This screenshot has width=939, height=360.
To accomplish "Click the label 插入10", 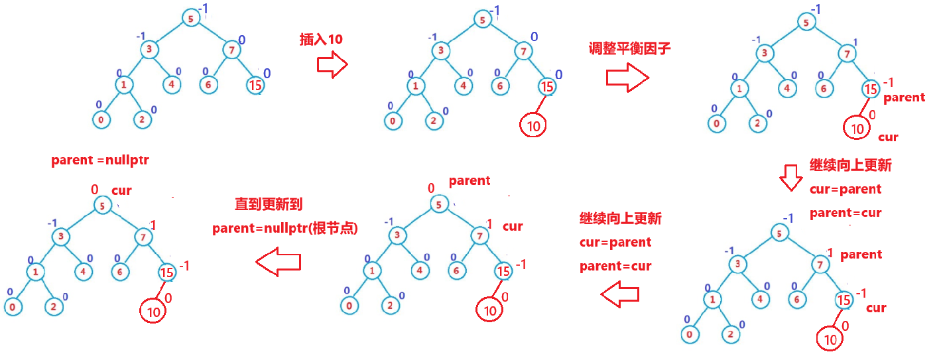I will coord(321,40).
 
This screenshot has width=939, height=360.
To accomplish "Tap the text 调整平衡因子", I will coord(625,48).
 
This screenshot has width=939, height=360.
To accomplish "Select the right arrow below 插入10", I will coord(332,64).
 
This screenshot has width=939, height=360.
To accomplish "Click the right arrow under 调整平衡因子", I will coord(627,78).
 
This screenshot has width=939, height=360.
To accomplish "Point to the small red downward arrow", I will coord(790,178).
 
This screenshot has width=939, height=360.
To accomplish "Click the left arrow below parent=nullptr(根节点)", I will coord(279,263).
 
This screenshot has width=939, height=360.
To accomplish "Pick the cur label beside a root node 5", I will coord(121,191).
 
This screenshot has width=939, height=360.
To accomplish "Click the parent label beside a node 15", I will coord(904,97).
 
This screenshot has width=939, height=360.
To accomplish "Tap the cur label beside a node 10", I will coord(887,137).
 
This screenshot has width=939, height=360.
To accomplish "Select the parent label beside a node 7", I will coord(861,255).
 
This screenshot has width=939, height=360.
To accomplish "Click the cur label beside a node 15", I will coord(876,308).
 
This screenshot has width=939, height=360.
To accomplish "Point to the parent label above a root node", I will coord(469,180).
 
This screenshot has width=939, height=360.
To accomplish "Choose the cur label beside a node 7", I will coord(513,227).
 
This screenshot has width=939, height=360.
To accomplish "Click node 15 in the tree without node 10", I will coord(255,85).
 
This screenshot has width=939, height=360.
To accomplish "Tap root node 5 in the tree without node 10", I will coord(190,19).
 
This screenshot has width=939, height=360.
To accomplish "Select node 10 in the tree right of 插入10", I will coord(533,125).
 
